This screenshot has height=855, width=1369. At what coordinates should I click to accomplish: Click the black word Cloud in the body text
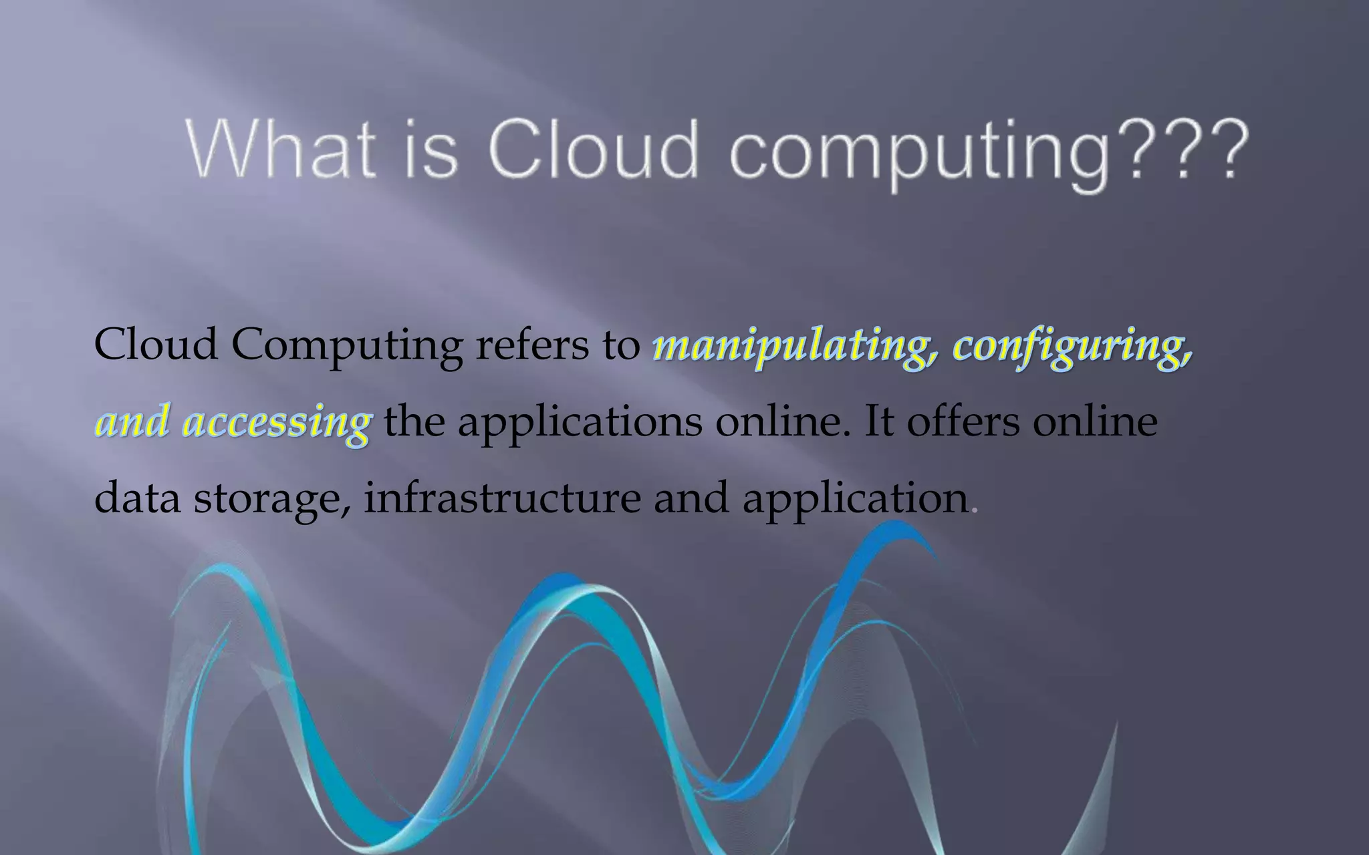coord(156,345)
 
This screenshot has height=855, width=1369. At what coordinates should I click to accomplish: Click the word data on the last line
coord(137,498)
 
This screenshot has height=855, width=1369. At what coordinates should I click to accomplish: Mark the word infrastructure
coord(502,498)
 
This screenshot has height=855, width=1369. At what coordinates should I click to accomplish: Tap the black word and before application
coord(691,498)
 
